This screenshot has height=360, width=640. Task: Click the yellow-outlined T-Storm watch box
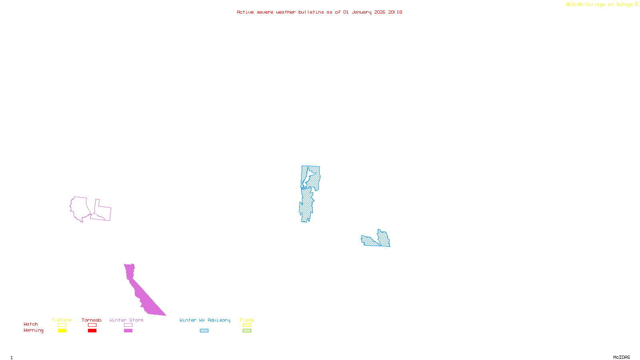tap(62, 325)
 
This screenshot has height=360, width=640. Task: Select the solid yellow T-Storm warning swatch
tap(62, 331)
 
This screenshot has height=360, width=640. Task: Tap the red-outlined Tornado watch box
tap(92, 325)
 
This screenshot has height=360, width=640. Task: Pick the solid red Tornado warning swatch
tap(92, 331)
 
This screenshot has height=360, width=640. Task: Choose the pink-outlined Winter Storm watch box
tap(128, 325)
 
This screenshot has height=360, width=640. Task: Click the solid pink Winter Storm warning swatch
tap(128, 331)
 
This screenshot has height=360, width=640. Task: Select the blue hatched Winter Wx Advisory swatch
tap(204, 331)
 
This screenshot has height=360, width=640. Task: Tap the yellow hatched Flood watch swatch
tap(247, 325)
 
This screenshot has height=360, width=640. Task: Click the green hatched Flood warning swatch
tap(247, 331)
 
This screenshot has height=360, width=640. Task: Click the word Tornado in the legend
tap(92, 320)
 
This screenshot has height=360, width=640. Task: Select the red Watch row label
tap(31, 324)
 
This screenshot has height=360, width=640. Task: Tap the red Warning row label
tap(33, 330)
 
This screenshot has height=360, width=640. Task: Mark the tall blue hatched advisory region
tap(308, 196)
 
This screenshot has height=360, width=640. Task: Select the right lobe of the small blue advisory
tap(384, 238)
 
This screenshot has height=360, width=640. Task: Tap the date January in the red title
tap(362, 12)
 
